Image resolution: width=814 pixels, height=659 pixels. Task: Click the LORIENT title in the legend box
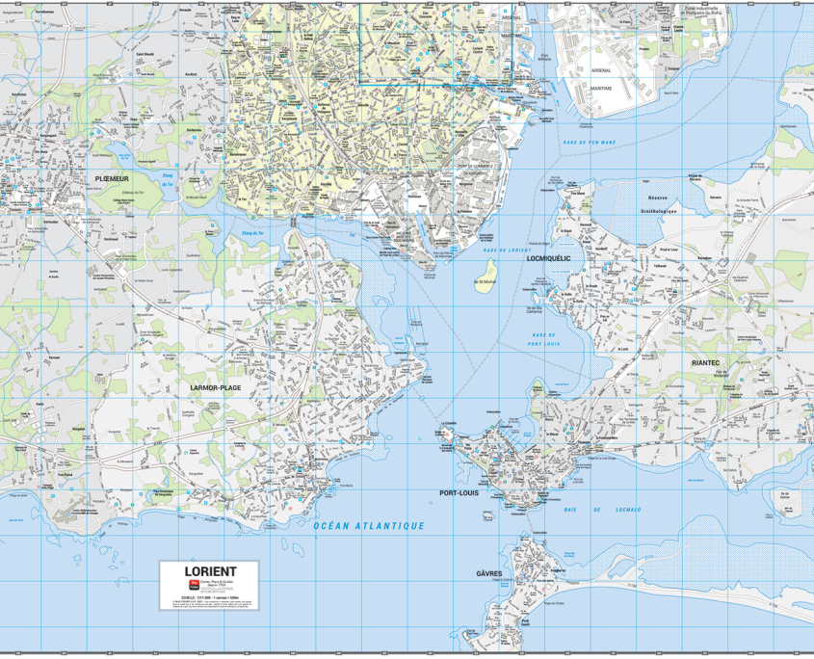pyautogui.click(x=209, y=571)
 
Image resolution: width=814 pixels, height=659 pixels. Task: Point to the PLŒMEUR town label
pyautogui.click(x=112, y=178)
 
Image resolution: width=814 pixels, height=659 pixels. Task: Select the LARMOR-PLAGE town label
pyautogui.click(x=216, y=387)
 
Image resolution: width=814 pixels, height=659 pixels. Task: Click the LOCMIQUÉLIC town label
pyautogui.click(x=549, y=258)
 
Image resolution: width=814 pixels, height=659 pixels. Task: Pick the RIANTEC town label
pyautogui.click(x=705, y=362)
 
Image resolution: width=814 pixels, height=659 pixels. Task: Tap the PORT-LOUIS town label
pyautogui.click(x=459, y=492)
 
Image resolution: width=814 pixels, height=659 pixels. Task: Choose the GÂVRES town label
pyautogui.click(x=488, y=573)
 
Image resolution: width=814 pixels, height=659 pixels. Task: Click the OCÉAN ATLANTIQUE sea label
pyautogui.click(x=369, y=526)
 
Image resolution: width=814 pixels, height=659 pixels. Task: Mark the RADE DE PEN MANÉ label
pyautogui.click(x=590, y=143)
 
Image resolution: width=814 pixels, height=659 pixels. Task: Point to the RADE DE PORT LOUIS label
pyautogui.click(x=544, y=338)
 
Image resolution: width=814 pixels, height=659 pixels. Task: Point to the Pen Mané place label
pyautogui.click(x=577, y=192)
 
